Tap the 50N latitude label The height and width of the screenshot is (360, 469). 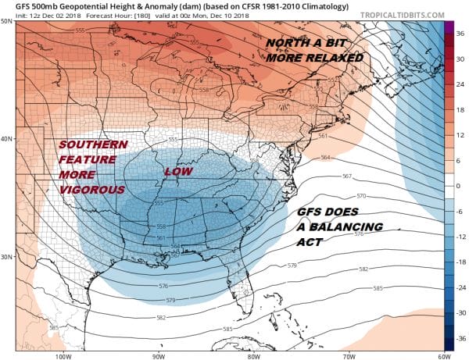tap(7, 21)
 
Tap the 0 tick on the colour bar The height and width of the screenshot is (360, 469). tap(460, 186)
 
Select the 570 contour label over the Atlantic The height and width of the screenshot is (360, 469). tap(360, 194)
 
